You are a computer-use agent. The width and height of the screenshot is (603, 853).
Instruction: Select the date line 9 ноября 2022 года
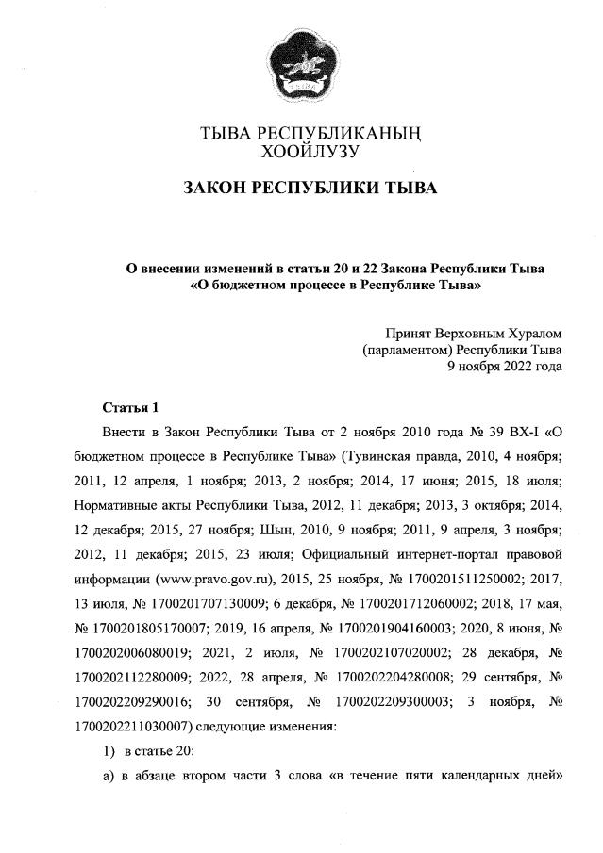(x=505, y=367)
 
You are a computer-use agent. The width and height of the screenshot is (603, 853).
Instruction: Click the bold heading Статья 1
(x=130, y=408)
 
